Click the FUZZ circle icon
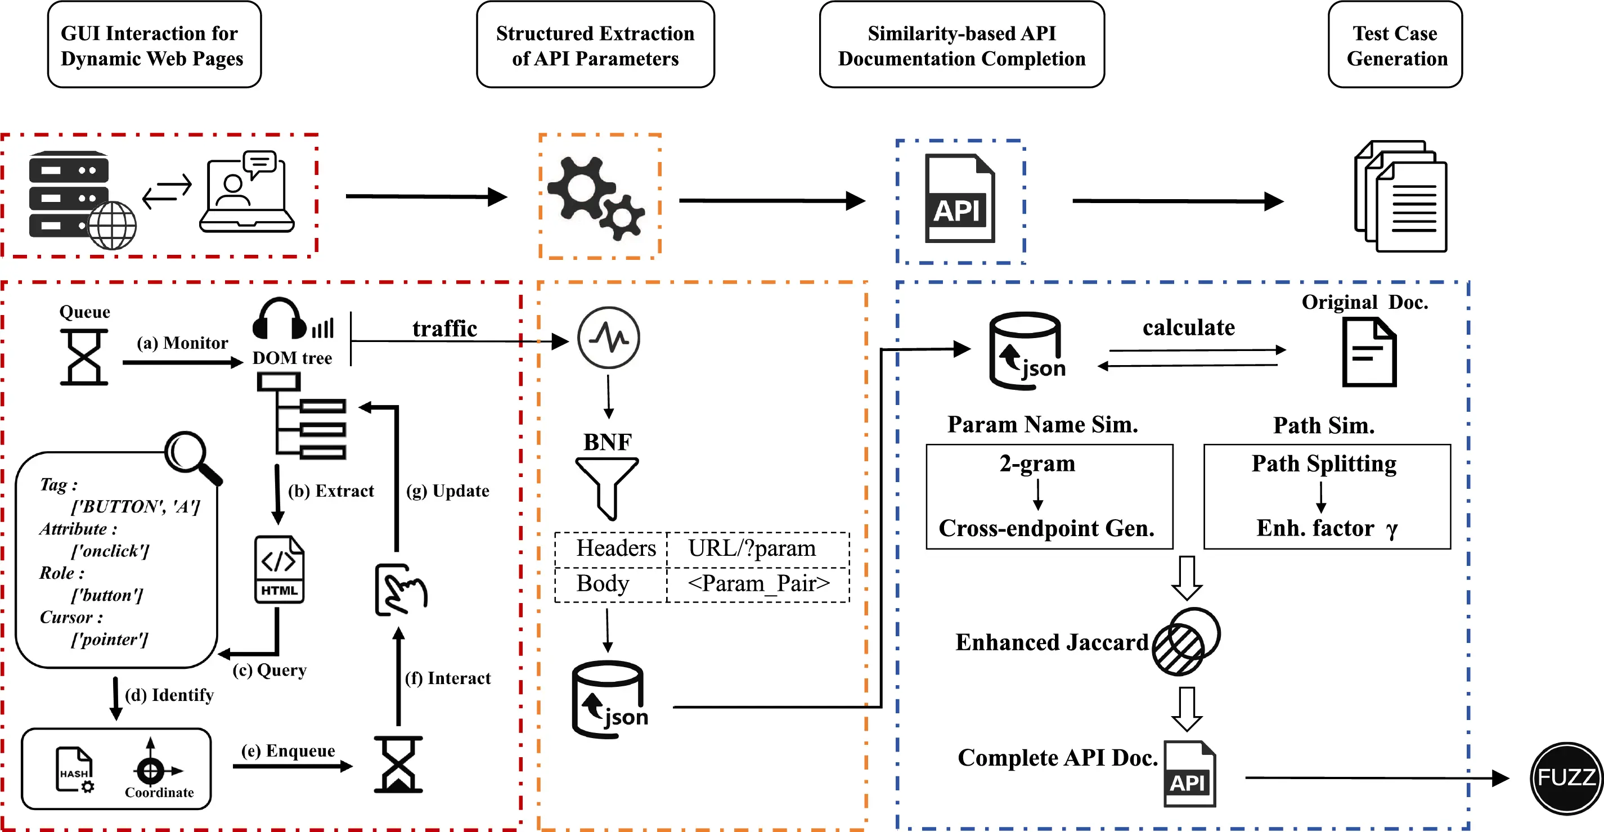point(1566,778)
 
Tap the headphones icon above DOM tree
point(280,319)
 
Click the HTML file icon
point(279,569)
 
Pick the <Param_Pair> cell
point(758,584)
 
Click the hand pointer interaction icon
point(401,590)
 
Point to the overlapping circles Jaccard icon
point(1185,641)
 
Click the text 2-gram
point(1037,464)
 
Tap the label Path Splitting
point(1324,464)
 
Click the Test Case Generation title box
point(1394,45)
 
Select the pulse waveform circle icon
point(608,338)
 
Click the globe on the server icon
point(112,226)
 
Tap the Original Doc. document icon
point(1368,353)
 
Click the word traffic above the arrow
point(444,328)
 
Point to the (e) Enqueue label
point(288,751)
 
